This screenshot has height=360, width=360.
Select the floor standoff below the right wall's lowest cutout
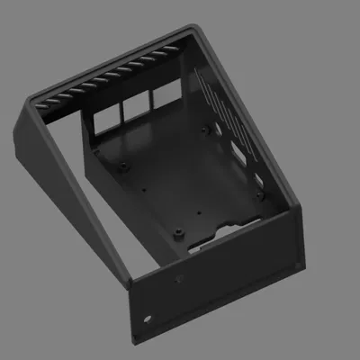coord(259,193)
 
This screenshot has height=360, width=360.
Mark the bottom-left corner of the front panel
coord(134,340)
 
